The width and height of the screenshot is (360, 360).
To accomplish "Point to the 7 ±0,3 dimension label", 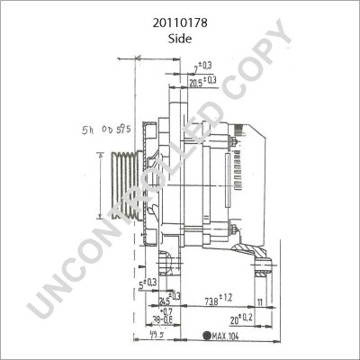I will (x=203, y=66).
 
